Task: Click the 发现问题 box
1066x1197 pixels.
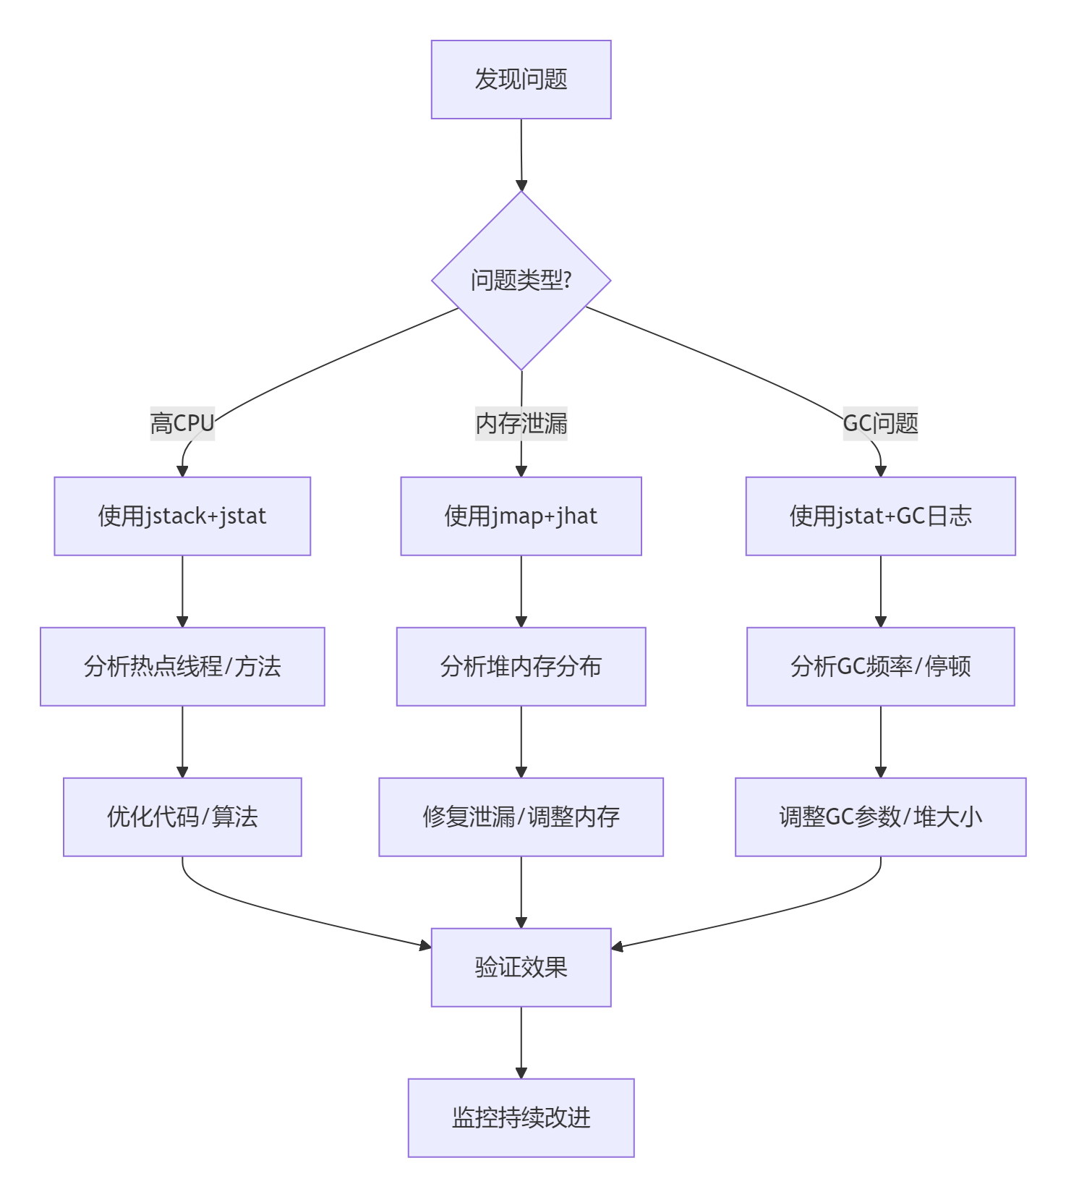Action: tap(521, 80)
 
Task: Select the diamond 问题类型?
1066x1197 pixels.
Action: tap(521, 281)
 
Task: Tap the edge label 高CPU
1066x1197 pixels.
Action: tap(182, 423)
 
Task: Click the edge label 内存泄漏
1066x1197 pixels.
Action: tap(521, 423)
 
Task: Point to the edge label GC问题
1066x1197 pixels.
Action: tap(880, 423)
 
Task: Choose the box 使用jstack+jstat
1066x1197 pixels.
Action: tap(182, 516)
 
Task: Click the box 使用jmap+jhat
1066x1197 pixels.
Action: tap(521, 516)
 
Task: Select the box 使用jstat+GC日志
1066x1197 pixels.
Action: tap(880, 516)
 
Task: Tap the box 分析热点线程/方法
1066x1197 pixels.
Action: tap(182, 667)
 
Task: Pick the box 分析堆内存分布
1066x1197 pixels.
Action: tap(521, 667)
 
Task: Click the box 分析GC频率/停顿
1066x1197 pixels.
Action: tap(880, 667)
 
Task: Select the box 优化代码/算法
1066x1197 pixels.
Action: tap(182, 817)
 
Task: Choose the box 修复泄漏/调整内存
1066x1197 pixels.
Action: tap(521, 817)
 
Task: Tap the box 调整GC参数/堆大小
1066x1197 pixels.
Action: tap(880, 817)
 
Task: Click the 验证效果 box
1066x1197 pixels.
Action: tap(521, 968)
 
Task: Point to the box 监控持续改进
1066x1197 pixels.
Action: tap(521, 1118)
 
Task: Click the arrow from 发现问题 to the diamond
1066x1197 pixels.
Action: tap(521, 155)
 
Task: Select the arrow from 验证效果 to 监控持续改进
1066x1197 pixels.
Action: tap(521, 1042)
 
